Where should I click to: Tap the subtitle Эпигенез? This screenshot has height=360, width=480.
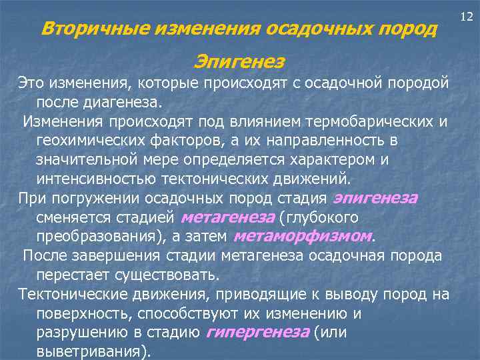click(239, 62)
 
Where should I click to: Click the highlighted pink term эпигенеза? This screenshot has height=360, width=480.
click(375, 199)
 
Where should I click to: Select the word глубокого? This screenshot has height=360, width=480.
click(323, 218)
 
